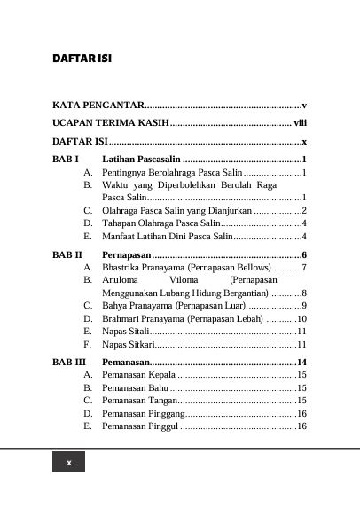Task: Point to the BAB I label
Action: coord(67,159)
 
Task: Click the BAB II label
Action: coord(67,255)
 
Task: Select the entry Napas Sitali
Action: coord(126,332)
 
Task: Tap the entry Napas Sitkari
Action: coord(129,345)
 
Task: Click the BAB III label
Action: coord(69,363)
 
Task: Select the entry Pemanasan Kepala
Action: coord(137,376)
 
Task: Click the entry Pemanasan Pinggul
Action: coord(140,426)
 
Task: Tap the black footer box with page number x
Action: coord(69,464)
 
